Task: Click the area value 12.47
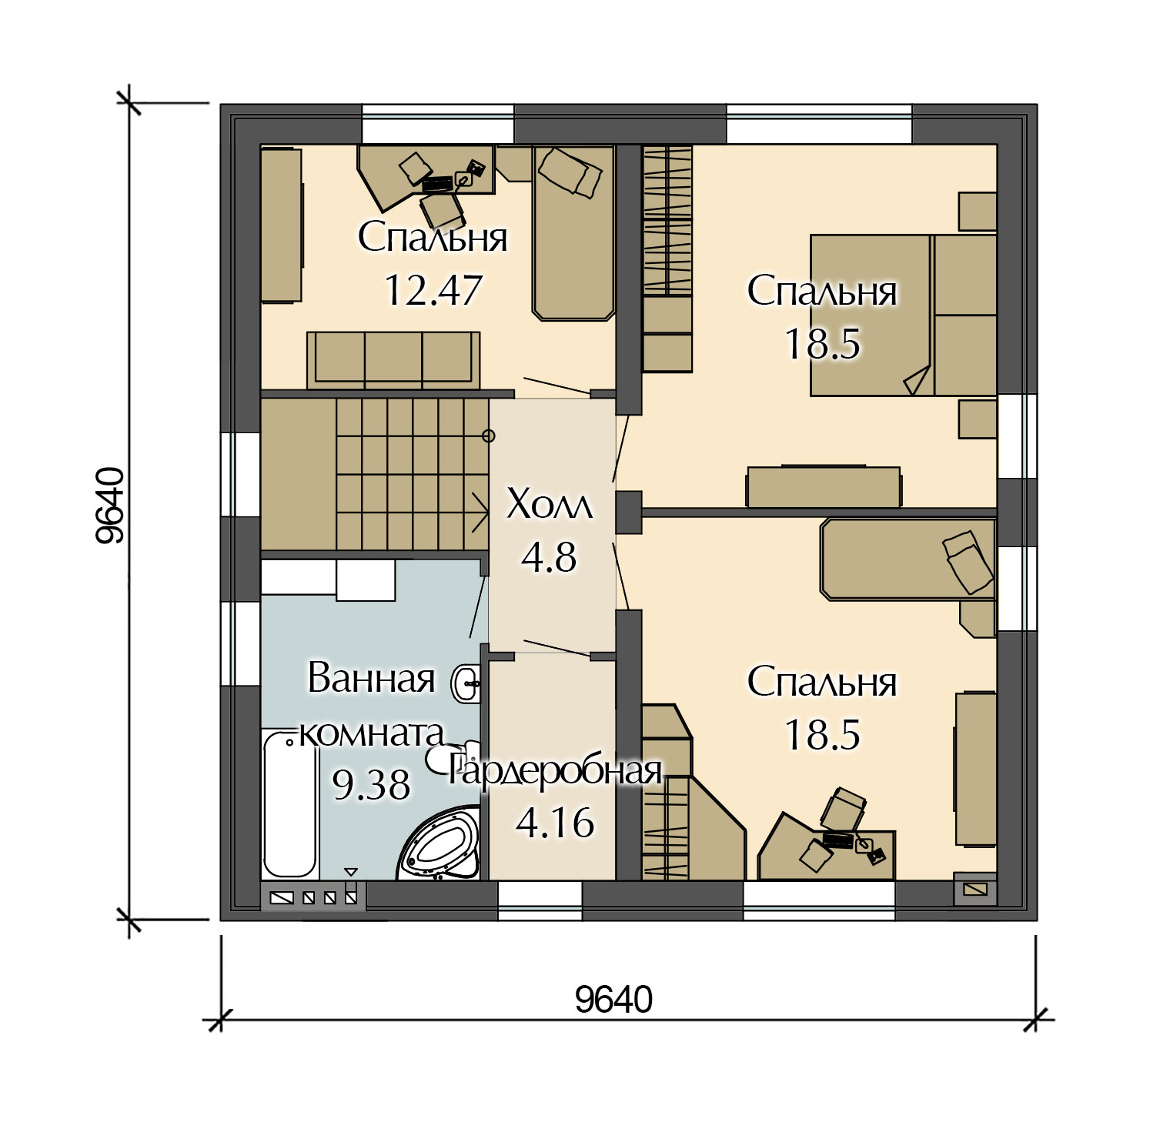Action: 433,291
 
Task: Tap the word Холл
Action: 550,506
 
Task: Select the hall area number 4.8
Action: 549,558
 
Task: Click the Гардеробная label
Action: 556,772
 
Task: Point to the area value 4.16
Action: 555,823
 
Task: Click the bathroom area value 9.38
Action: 371,785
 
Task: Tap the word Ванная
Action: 371,678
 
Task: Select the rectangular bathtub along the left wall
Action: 289,805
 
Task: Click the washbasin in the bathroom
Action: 467,683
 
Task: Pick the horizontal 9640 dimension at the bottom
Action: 613,1000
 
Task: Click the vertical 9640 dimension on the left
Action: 110,506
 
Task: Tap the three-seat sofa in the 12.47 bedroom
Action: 393,359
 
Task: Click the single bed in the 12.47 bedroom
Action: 574,232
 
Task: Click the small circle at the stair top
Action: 488,436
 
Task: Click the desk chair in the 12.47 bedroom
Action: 441,209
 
